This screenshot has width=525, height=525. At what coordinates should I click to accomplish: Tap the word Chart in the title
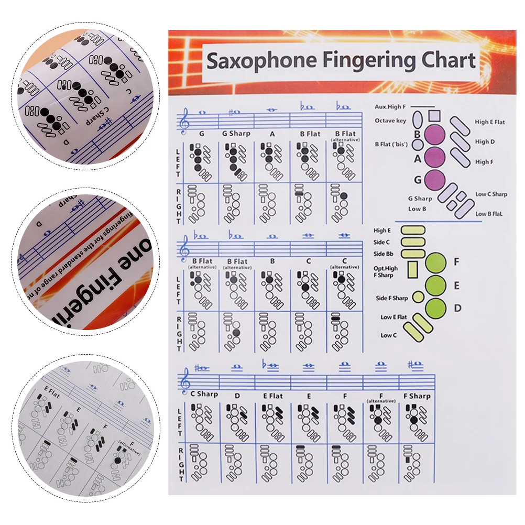tap(448, 60)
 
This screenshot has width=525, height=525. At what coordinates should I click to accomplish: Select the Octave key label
tap(390, 121)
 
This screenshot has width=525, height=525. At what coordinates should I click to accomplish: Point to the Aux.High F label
tap(389, 106)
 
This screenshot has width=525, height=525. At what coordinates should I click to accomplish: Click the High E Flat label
tap(490, 122)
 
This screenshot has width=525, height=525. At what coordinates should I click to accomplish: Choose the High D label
tap(485, 141)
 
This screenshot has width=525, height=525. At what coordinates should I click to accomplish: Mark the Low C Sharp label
tap(491, 194)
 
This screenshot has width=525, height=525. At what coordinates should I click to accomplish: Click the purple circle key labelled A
tap(434, 157)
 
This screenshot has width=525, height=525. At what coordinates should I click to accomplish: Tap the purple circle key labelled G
tap(434, 180)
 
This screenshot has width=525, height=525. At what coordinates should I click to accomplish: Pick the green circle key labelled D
tap(435, 308)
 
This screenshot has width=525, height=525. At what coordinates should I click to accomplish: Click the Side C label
tap(381, 242)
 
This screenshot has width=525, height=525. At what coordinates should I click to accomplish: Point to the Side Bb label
tap(384, 254)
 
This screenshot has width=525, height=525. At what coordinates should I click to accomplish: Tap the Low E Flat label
tap(393, 317)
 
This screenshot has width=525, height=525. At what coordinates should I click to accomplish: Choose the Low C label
tap(388, 335)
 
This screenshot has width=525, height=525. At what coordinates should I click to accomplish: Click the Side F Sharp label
tap(392, 298)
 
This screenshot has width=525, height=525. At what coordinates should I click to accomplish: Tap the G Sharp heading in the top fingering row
tap(236, 134)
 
